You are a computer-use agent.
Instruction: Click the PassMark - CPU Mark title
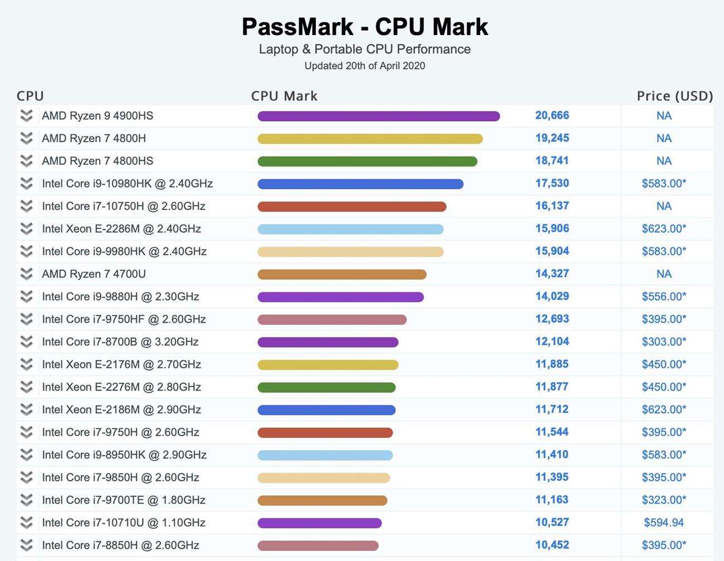(x=365, y=27)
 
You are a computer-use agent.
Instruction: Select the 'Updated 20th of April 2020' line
(x=365, y=66)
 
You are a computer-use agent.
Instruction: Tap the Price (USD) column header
(x=674, y=96)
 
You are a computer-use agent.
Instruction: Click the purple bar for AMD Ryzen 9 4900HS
(x=378, y=116)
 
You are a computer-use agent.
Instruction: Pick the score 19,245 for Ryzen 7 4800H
(x=552, y=138)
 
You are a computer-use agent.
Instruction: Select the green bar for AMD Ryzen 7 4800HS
(x=367, y=161)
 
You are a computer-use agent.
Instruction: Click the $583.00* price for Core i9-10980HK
(x=664, y=183)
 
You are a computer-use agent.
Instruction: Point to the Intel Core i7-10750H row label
(x=124, y=206)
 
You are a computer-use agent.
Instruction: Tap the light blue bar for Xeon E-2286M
(x=350, y=229)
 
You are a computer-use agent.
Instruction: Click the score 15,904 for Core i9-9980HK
(x=552, y=251)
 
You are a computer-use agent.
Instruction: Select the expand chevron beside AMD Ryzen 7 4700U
(x=26, y=274)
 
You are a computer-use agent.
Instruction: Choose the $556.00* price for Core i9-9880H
(x=664, y=297)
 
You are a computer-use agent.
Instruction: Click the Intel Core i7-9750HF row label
(x=124, y=319)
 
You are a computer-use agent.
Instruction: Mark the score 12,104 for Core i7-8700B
(x=552, y=342)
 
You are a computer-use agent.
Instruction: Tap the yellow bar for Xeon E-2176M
(x=327, y=365)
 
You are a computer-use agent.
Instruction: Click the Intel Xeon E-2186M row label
(x=121, y=410)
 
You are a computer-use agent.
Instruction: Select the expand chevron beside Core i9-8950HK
(x=26, y=455)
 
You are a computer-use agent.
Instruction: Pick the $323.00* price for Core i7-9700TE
(x=664, y=500)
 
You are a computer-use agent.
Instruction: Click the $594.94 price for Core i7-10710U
(x=664, y=523)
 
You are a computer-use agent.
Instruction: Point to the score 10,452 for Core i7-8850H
(x=552, y=545)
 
